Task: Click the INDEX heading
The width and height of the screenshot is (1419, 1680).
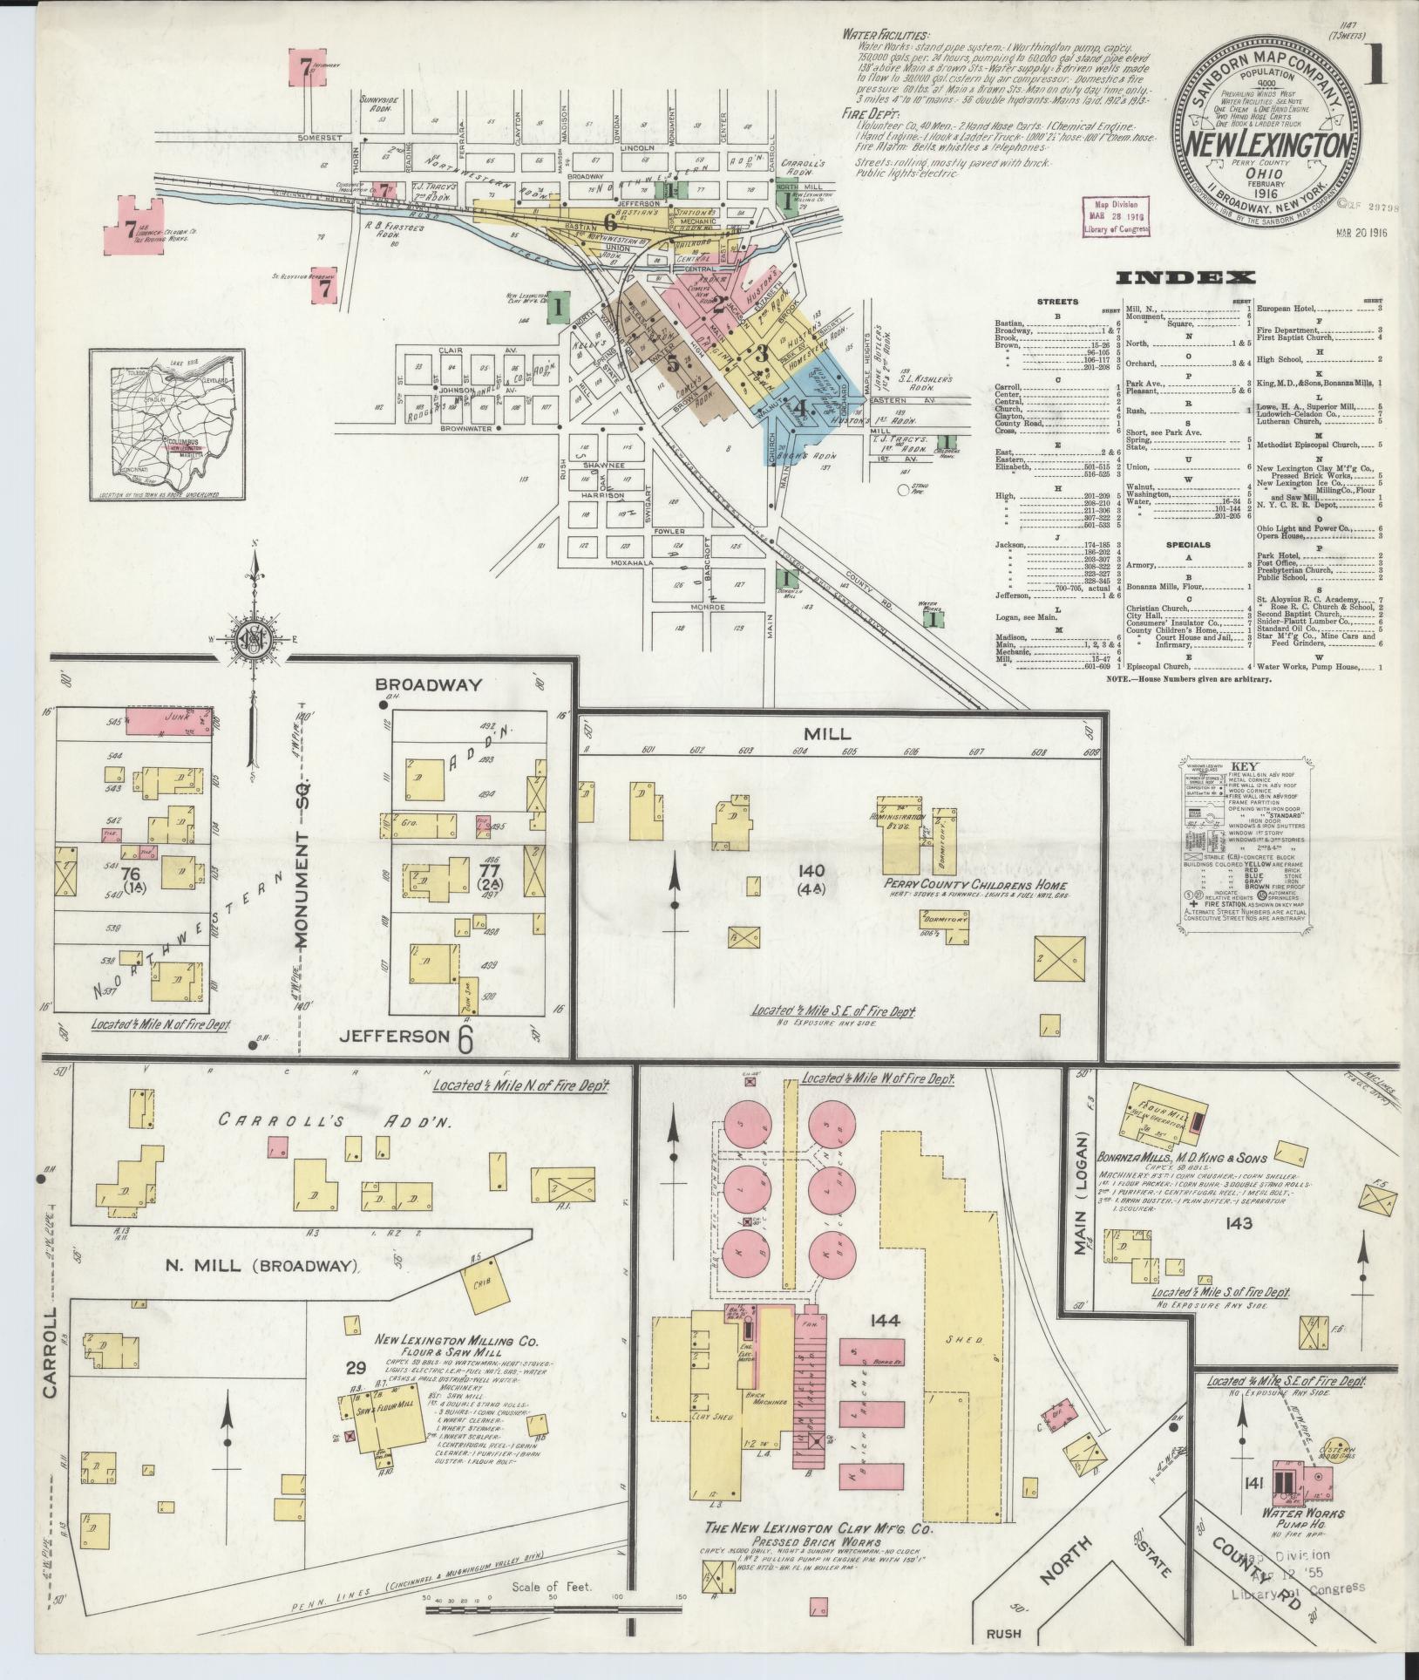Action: point(1185,278)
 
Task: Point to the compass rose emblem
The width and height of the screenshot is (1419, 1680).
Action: point(255,643)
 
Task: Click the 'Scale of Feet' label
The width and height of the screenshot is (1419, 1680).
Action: point(552,1587)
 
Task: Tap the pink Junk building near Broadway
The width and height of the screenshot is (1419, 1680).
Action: point(171,720)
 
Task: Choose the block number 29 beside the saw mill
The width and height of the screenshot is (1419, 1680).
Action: point(356,1391)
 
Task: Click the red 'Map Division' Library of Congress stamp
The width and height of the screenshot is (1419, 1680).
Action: point(1118,215)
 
